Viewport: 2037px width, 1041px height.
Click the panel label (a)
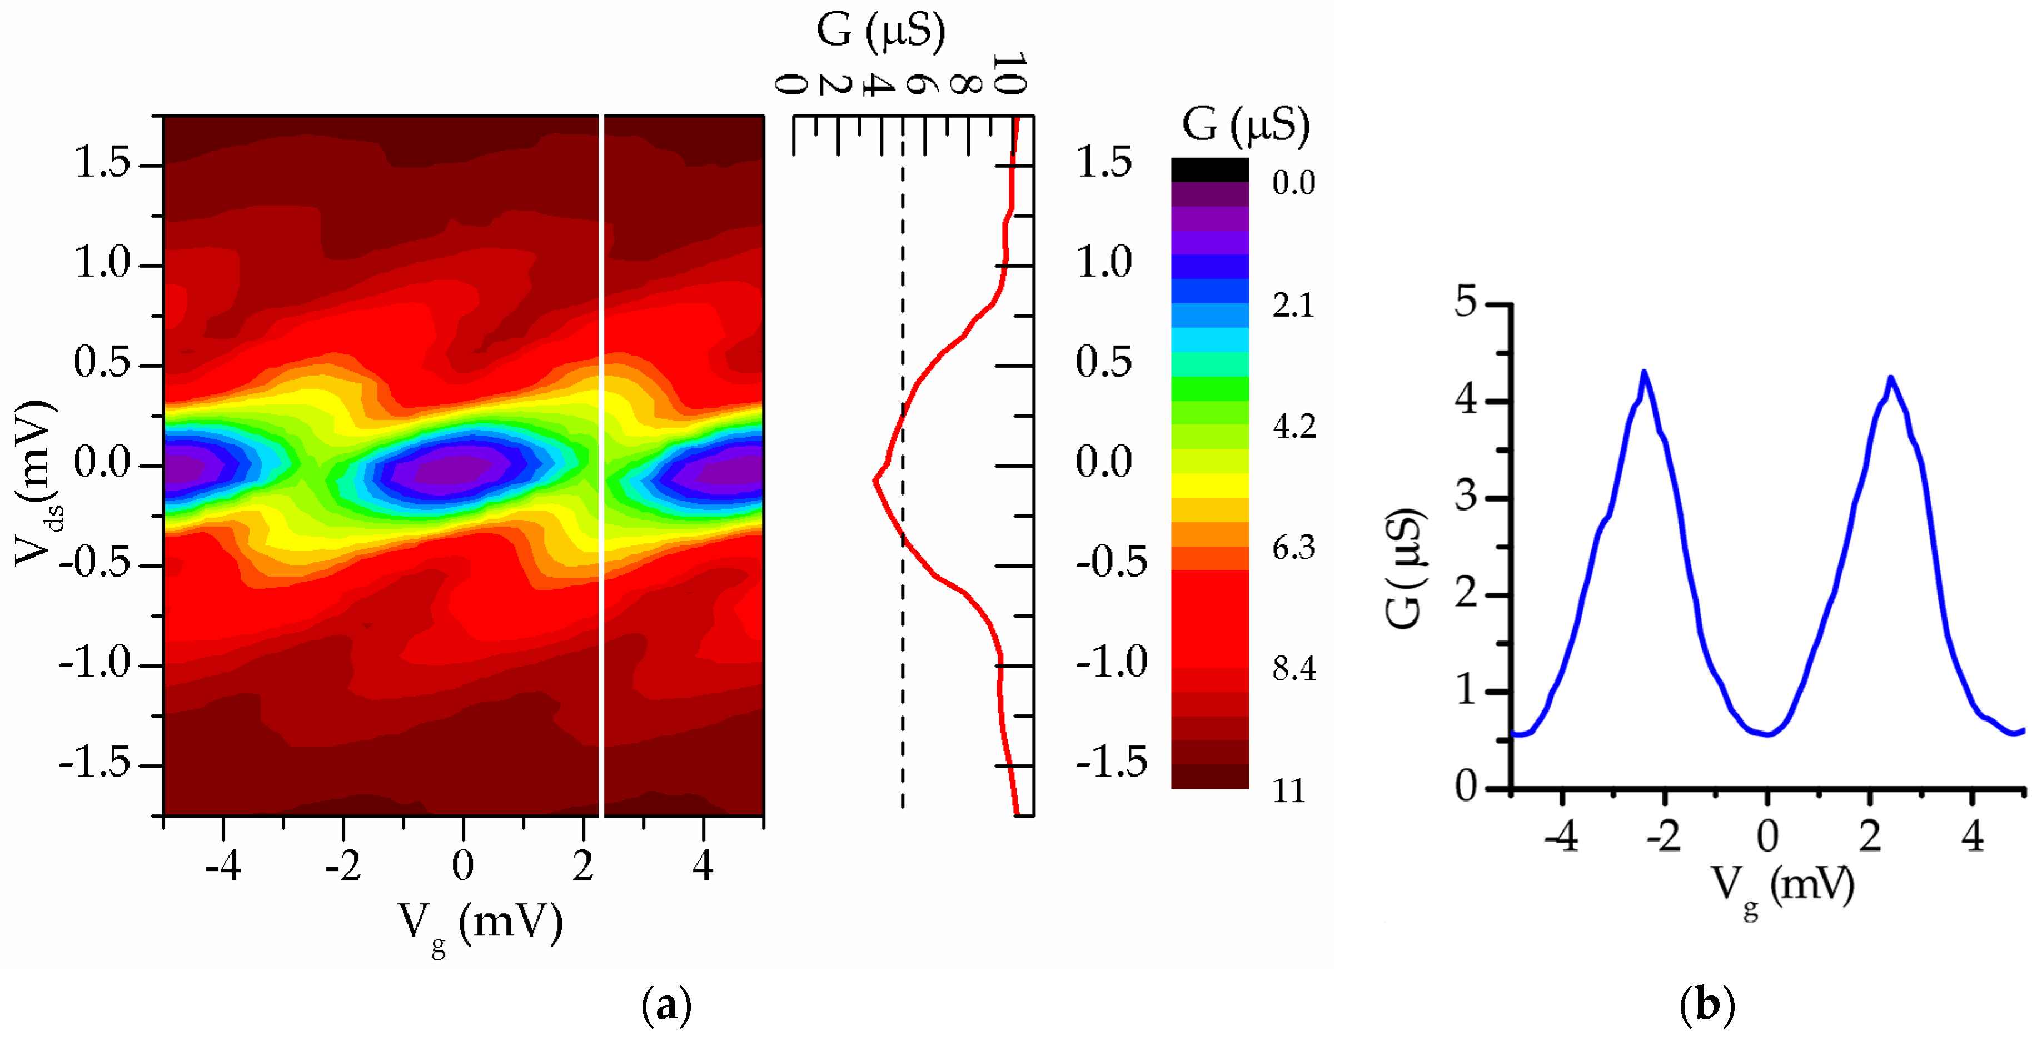666,1005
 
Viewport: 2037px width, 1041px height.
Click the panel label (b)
1706,1005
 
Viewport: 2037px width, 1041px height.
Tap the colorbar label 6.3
1294,548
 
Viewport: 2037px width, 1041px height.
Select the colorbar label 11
1289,790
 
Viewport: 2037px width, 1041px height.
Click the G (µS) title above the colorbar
1246,125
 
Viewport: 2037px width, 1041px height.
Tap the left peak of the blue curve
1644,372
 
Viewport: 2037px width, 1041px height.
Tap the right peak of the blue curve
1891,378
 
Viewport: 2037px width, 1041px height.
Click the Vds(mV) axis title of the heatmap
36,484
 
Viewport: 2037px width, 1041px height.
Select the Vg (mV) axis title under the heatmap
480,923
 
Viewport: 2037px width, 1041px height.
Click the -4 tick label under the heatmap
222,867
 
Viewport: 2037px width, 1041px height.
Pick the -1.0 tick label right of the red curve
1111,662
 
